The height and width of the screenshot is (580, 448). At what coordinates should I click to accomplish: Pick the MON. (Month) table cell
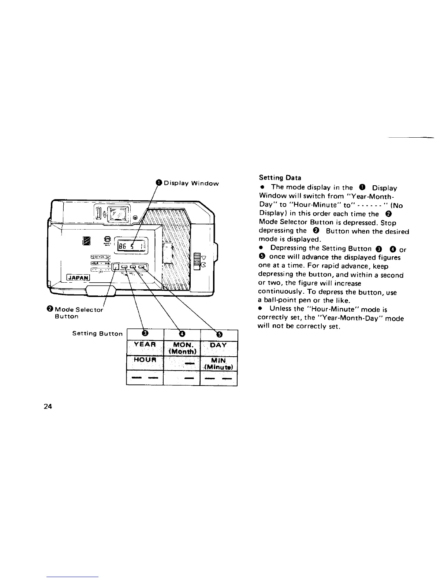182,348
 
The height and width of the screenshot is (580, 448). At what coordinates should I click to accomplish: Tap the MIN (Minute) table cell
219,363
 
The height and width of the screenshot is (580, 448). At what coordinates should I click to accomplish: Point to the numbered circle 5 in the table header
219,334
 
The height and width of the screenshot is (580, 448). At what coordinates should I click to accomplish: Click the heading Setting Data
280,178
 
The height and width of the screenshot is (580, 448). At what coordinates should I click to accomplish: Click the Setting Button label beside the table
97,334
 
